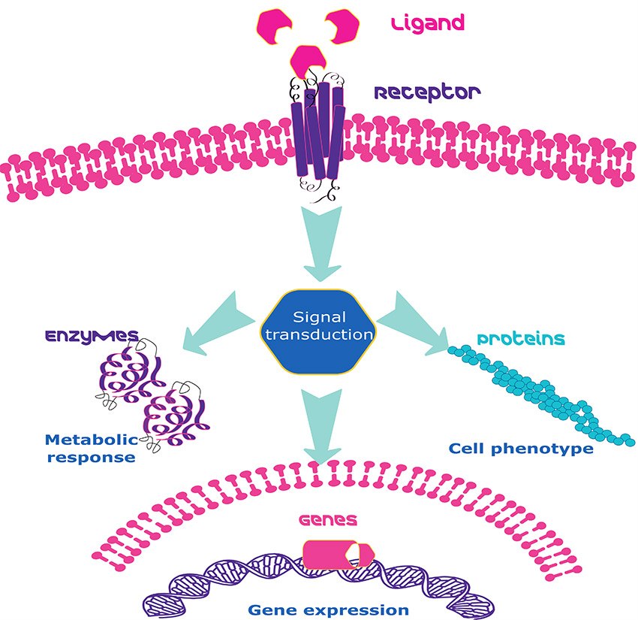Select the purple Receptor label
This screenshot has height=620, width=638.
pos(427,93)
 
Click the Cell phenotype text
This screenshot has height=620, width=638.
pos(521,449)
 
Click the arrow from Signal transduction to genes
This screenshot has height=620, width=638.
pos(322,424)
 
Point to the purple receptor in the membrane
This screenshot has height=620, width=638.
pos(317,139)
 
